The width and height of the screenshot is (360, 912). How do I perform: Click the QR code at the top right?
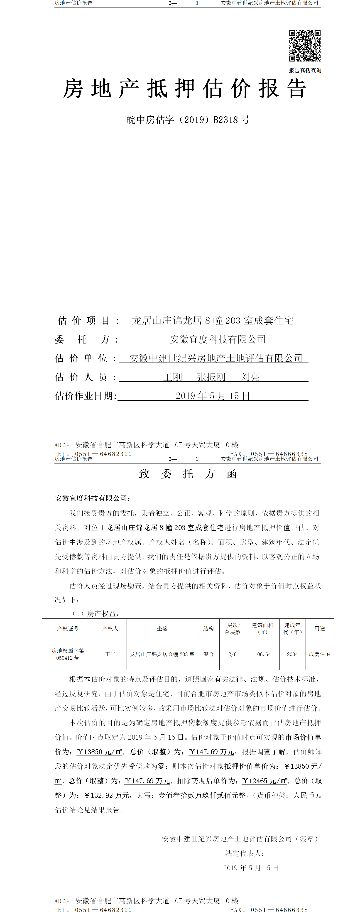[x=305, y=46]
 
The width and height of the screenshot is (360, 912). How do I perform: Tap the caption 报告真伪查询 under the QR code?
[x=305, y=71]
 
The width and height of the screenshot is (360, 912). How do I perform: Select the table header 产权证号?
[x=68, y=628]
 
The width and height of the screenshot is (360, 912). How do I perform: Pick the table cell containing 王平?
[x=110, y=654]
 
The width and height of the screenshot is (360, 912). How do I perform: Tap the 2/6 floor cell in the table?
[x=232, y=654]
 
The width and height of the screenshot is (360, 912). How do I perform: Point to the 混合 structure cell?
[x=208, y=654]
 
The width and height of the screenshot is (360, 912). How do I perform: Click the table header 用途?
[x=319, y=628]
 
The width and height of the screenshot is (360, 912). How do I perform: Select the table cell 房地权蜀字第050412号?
[x=68, y=654]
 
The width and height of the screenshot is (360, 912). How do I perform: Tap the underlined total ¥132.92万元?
[x=106, y=795]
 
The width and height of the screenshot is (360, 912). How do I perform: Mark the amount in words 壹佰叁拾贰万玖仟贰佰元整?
[x=202, y=795]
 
